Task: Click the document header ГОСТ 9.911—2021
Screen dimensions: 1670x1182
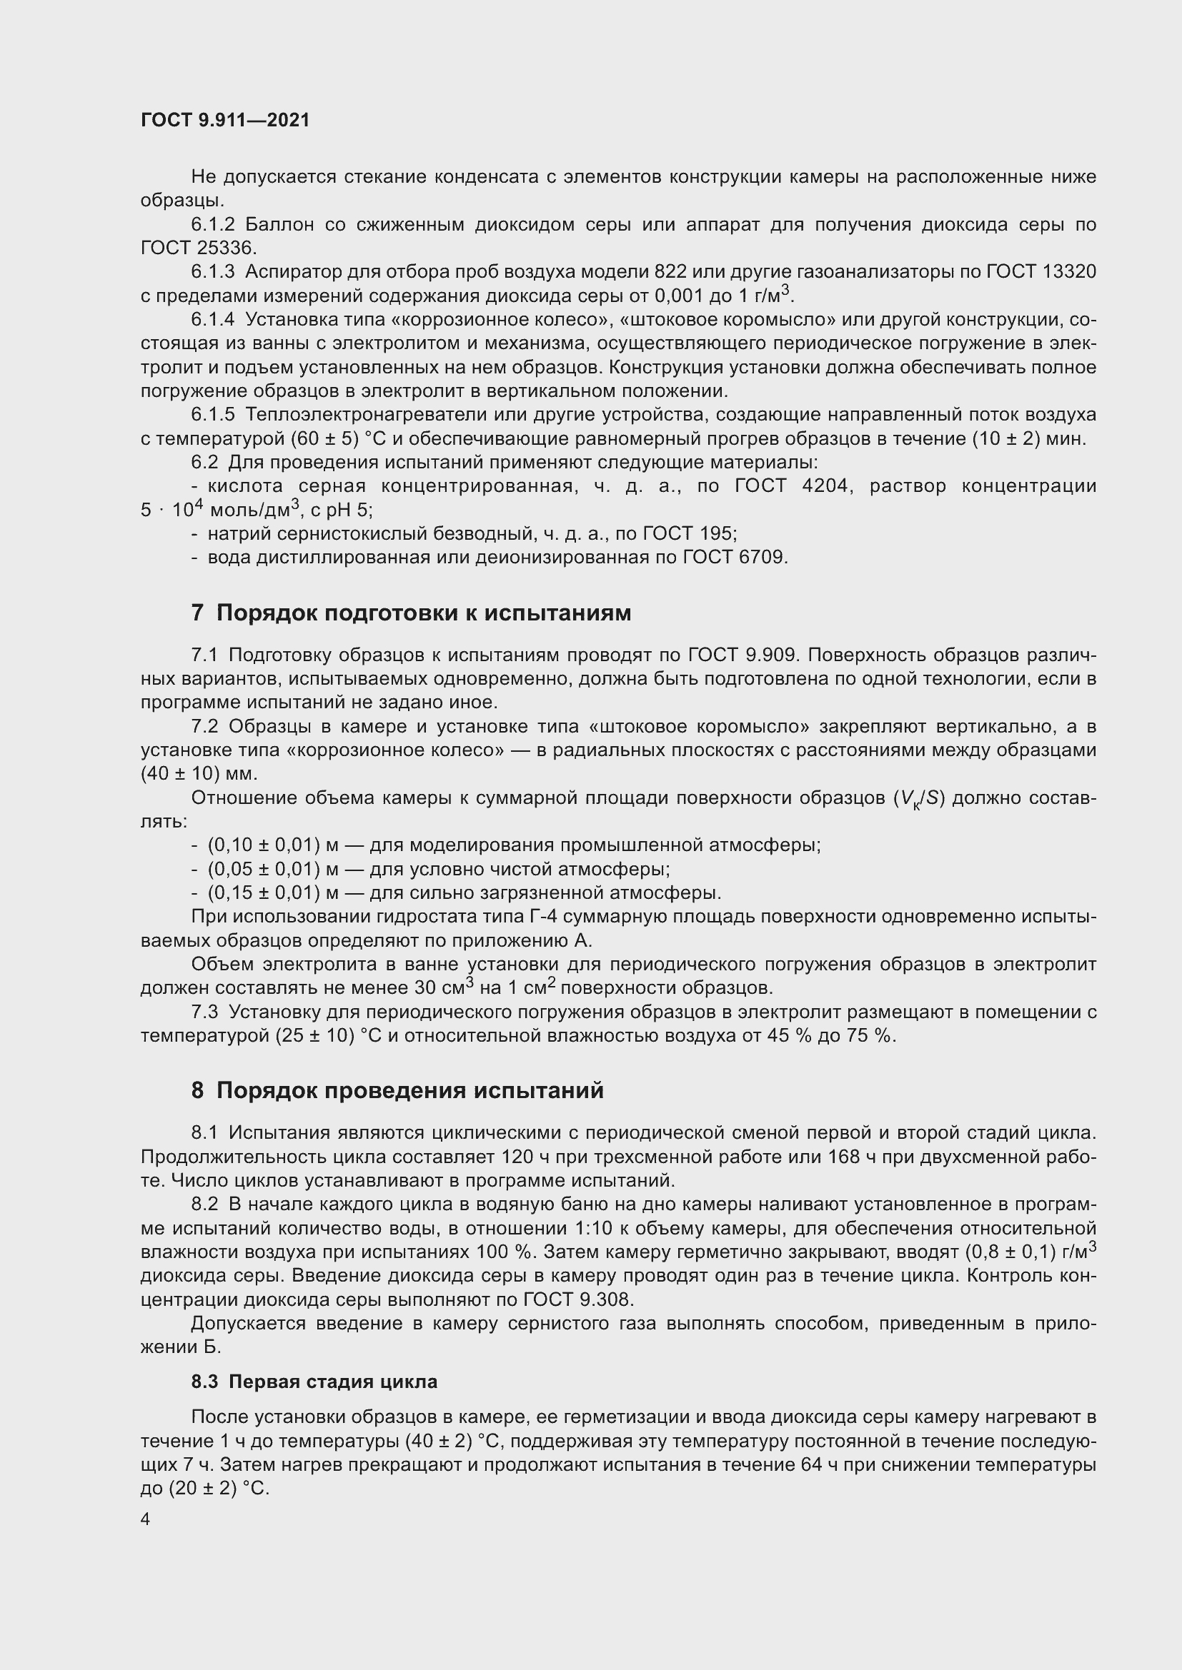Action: click(225, 120)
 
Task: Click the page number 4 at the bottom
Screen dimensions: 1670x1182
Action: click(146, 1519)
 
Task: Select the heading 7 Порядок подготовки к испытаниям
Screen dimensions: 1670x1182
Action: click(411, 613)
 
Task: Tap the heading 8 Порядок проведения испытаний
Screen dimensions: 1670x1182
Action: click(397, 1091)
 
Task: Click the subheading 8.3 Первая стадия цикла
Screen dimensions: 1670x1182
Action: click(314, 1382)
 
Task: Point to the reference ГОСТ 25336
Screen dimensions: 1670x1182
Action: click(198, 248)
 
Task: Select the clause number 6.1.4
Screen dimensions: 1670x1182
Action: click(212, 319)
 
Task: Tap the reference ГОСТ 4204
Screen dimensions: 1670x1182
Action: click(791, 486)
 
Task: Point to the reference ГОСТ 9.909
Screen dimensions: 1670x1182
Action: click(743, 655)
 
